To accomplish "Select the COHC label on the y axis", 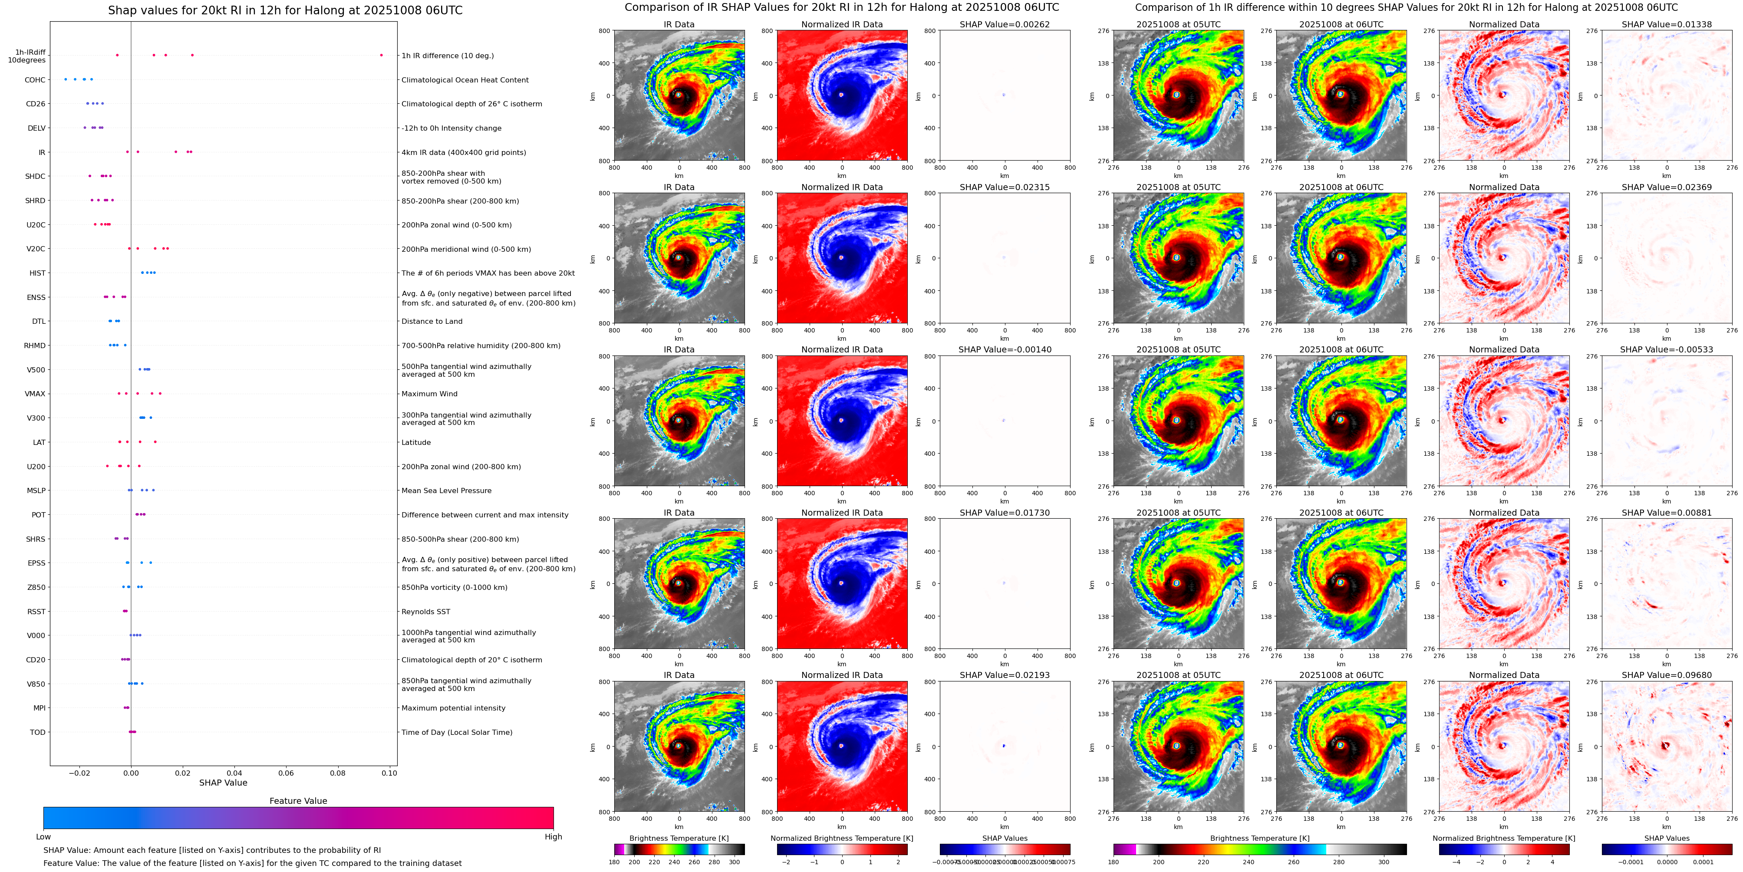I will [35, 80].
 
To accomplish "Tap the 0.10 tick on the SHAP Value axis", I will [389, 773].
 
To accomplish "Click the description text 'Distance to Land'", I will [432, 321].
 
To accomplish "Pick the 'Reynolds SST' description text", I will [425, 612].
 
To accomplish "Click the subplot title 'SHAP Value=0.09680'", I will [1667, 675].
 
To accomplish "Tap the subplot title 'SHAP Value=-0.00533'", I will [1667, 350].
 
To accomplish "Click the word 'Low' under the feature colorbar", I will [43, 837].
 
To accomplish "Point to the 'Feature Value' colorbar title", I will [298, 801].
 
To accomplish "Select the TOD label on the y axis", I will [38, 732].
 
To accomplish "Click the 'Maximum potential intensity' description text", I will [453, 708].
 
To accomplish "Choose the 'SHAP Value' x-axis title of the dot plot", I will [223, 783].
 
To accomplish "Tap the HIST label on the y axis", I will [37, 273].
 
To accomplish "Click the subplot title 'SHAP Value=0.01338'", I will [1667, 24].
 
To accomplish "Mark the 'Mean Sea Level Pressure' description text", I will [447, 490].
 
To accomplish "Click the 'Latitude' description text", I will [416, 442].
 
